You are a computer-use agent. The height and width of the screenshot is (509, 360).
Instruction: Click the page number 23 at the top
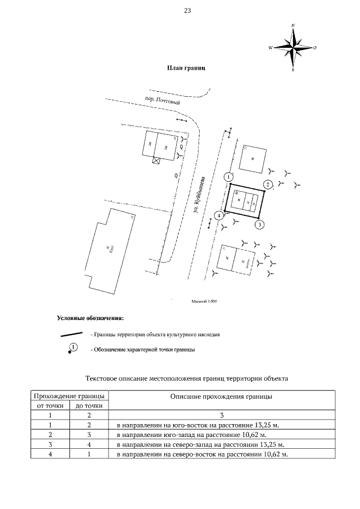[x=187, y=11]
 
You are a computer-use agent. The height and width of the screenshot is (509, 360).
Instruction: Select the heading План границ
[x=186, y=67]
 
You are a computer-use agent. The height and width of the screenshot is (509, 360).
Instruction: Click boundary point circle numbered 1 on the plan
[x=228, y=177]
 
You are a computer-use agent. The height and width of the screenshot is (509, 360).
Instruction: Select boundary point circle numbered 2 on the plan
[x=269, y=184]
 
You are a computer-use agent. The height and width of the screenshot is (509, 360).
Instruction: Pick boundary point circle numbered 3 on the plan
[x=259, y=225]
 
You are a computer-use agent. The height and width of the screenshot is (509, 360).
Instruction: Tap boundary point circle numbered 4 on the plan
[x=218, y=215]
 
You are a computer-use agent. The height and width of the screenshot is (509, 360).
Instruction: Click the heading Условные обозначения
[x=90, y=318]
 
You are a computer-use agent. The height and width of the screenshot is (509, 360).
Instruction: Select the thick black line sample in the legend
[x=73, y=334]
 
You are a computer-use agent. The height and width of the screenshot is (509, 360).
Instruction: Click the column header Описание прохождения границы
[x=221, y=396]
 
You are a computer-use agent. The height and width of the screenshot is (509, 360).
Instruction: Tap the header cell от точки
[x=50, y=406]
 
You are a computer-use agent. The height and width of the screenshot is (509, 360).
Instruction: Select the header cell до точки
[x=89, y=406]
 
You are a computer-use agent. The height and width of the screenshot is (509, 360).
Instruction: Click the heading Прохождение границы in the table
[x=69, y=396]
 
